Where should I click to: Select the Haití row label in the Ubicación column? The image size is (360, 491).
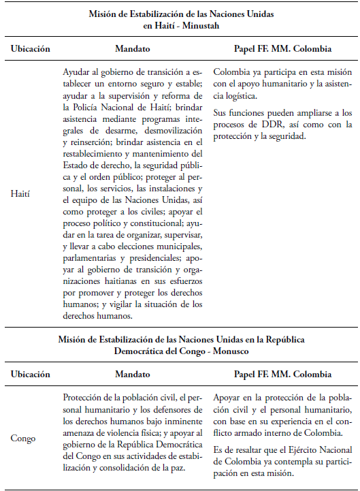[21, 193]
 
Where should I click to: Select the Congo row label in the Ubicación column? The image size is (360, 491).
[23, 438]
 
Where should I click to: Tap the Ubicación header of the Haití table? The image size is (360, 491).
[30, 50]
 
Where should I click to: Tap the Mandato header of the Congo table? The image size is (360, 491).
[133, 375]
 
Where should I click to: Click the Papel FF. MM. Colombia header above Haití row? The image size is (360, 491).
[282, 50]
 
